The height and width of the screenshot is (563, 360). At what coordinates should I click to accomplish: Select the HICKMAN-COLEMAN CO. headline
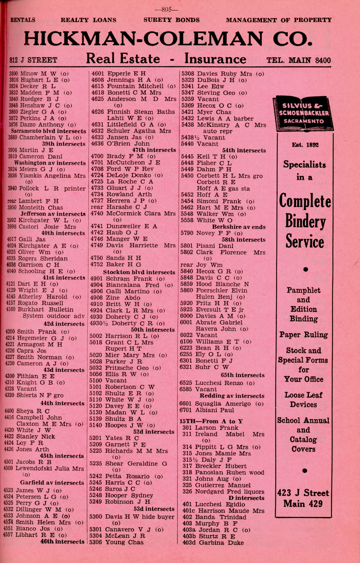pyautogui.click(x=168, y=39)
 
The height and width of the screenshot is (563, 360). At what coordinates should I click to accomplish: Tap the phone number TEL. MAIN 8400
pyautogui.click(x=299, y=60)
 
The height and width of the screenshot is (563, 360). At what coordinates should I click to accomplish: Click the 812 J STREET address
pyautogui.click(x=33, y=60)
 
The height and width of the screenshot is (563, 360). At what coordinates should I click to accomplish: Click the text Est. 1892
pyautogui.click(x=305, y=145)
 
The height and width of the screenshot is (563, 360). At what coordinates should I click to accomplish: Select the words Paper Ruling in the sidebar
pyautogui.click(x=303, y=335)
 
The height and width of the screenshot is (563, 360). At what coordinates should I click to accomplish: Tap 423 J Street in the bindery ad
pyautogui.click(x=303, y=493)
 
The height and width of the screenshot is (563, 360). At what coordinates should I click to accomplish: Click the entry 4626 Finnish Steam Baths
pyautogui.click(x=133, y=112)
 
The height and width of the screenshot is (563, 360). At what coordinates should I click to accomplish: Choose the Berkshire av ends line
pyautogui.click(x=238, y=227)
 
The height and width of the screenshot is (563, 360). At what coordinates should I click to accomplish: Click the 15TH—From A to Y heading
pyautogui.click(x=211, y=421)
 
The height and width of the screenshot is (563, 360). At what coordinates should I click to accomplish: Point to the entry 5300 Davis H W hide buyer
pyautogui.click(x=132, y=517)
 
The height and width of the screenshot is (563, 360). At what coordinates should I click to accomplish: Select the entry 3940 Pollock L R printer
pyautogui.click(x=47, y=189)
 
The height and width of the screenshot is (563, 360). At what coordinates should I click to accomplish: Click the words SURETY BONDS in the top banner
pyautogui.click(x=172, y=20)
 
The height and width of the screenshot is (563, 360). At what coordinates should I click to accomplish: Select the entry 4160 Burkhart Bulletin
pyautogui.click(x=40, y=310)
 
